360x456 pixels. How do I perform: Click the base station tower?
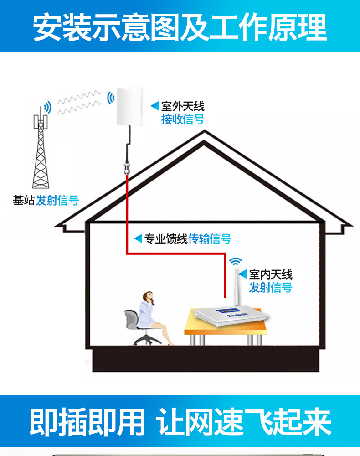(x=41, y=150)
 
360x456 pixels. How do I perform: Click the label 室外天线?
(x=183, y=106)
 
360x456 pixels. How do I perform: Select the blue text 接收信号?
(x=183, y=119)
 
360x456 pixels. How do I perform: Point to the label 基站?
(x=24, y=200)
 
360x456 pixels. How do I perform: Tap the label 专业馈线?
(x=166, y=238)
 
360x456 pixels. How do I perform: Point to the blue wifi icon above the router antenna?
(x=235, y=261)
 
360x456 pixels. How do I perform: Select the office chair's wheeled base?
(x=147, y=340)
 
